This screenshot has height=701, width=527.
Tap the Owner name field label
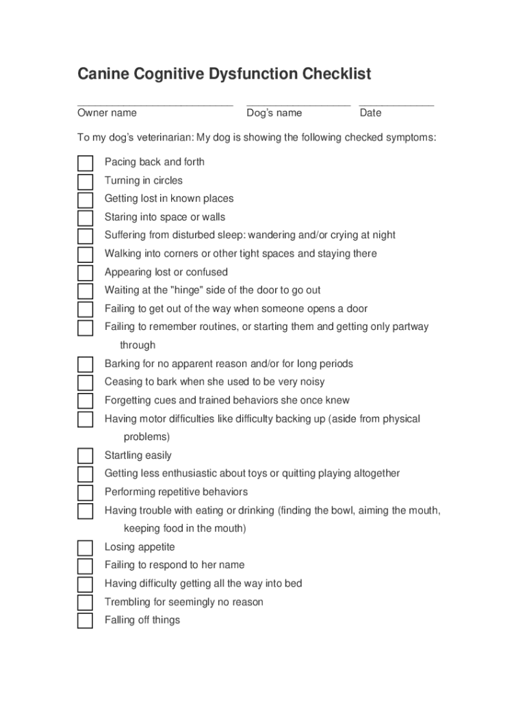coord(107,113)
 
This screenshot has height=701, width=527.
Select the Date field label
coord(370,113)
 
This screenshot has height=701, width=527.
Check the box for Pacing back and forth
coord(85,163)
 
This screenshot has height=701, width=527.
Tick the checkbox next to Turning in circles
coord(85,181)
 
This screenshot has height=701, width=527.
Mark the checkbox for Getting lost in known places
coord(85,200)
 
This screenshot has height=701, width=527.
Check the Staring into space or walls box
coord(85,218)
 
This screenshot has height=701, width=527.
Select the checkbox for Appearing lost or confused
coord(85,273)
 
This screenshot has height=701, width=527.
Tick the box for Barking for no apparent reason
coord(85,364)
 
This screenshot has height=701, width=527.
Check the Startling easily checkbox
coord(85,456)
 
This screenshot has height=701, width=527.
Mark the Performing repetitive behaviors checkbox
coord(85,493)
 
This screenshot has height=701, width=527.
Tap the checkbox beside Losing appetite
coord(85,548)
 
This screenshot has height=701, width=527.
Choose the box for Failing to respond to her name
coord(85,566)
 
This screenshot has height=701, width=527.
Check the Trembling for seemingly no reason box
coord(85,602)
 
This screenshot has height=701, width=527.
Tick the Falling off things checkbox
coord(85,621)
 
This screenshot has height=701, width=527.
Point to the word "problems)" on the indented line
coord(146,437)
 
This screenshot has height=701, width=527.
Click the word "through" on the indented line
coord(138,345)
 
